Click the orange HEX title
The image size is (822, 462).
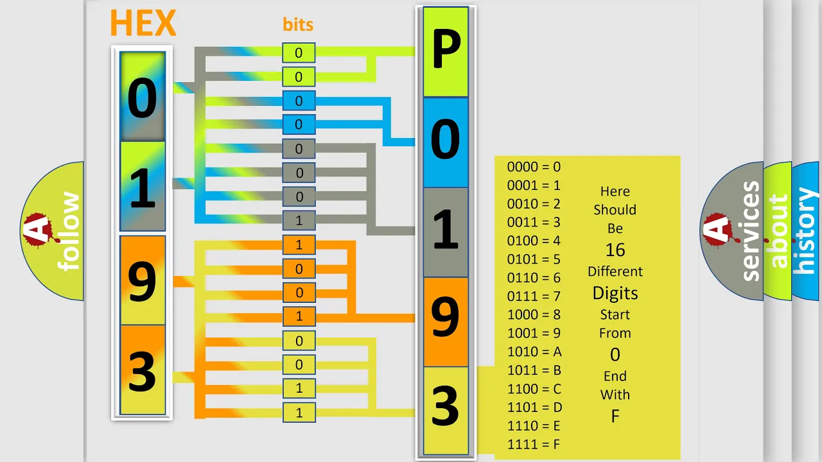tap(143, 22)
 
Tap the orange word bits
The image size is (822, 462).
tap(298, 24)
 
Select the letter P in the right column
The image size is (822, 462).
tap(446, 48)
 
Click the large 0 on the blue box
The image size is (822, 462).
tap(445, 139)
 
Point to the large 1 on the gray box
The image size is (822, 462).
tap(446, 229)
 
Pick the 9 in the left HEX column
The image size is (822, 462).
tap(142, 282)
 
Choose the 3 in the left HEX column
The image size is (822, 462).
tap(142, 372)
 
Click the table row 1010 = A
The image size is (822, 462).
tap(534, 352)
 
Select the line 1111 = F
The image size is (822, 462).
tap(534, 445)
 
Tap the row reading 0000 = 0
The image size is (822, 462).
tap(534, 167)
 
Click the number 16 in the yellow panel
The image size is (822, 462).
tap(615, 250)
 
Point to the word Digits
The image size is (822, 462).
tap(615, 293)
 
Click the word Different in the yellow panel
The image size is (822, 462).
tap(615, 271)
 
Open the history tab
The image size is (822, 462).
tap(805, 231)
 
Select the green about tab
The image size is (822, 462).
tap(778, 231)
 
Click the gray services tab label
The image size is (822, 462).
tap(751, 231)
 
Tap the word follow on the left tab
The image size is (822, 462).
tap(68, 231)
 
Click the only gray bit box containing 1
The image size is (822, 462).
tap(299, 220)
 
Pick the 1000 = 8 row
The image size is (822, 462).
tap(534, 314)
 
